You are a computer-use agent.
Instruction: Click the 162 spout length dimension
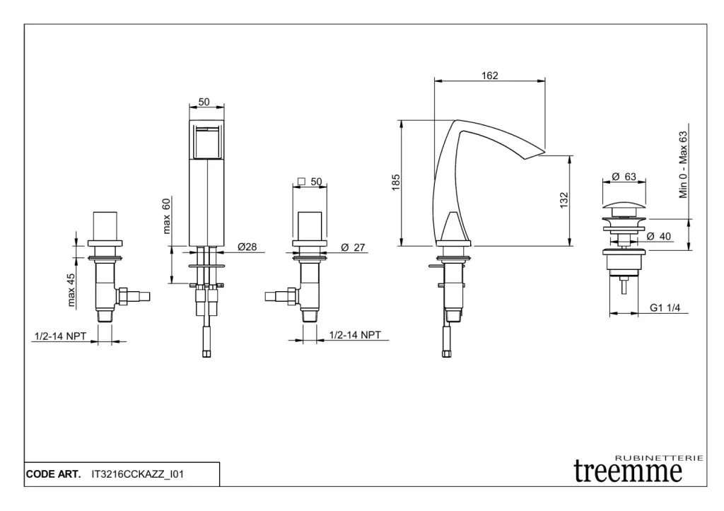(x=489, y=75)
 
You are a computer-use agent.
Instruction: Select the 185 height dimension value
(x=396, y=182)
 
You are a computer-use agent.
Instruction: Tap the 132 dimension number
(x=564, y=200)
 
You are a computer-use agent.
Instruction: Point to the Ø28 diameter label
(x=247, y=247)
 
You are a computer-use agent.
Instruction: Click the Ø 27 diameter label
(x=353, y=247)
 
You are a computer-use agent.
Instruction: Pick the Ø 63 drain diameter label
(x=624, y=176)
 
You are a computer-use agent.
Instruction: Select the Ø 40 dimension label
(x=659, y=236)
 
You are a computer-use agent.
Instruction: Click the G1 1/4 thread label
(x=665, y=307)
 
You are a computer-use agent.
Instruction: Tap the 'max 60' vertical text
(x=166, y=216)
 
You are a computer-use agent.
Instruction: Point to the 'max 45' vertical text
(x=71, y=290)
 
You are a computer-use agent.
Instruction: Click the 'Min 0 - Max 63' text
(x=683, y=165)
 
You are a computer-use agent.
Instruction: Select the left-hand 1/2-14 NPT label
(x=60, y=336)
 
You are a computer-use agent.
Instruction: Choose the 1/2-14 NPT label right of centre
(x=355, y=335)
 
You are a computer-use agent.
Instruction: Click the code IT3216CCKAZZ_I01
(x=138, y=474)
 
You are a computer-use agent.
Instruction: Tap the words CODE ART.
(x=53, y=474)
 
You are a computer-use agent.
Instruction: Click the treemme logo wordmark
(x=628, y=471)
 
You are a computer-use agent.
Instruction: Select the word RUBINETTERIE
(x=660, y=458)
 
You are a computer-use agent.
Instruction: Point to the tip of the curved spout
(x=545, y=151)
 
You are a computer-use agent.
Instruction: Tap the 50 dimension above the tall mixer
(x=204, y=102)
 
